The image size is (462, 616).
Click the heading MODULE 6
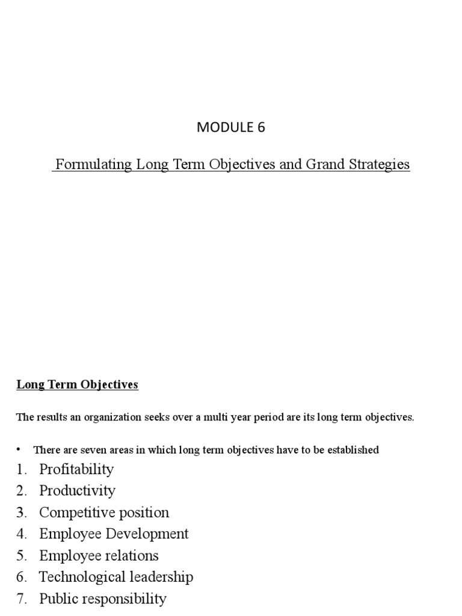click(231, 127)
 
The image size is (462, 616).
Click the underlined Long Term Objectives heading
click(77, 384)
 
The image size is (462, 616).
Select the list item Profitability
click(76, 469)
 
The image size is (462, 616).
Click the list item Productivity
click(77, 491)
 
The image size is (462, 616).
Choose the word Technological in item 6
click(81, 577)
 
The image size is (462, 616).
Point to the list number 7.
click(21, 599)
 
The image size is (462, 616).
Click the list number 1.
click(21, 469)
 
